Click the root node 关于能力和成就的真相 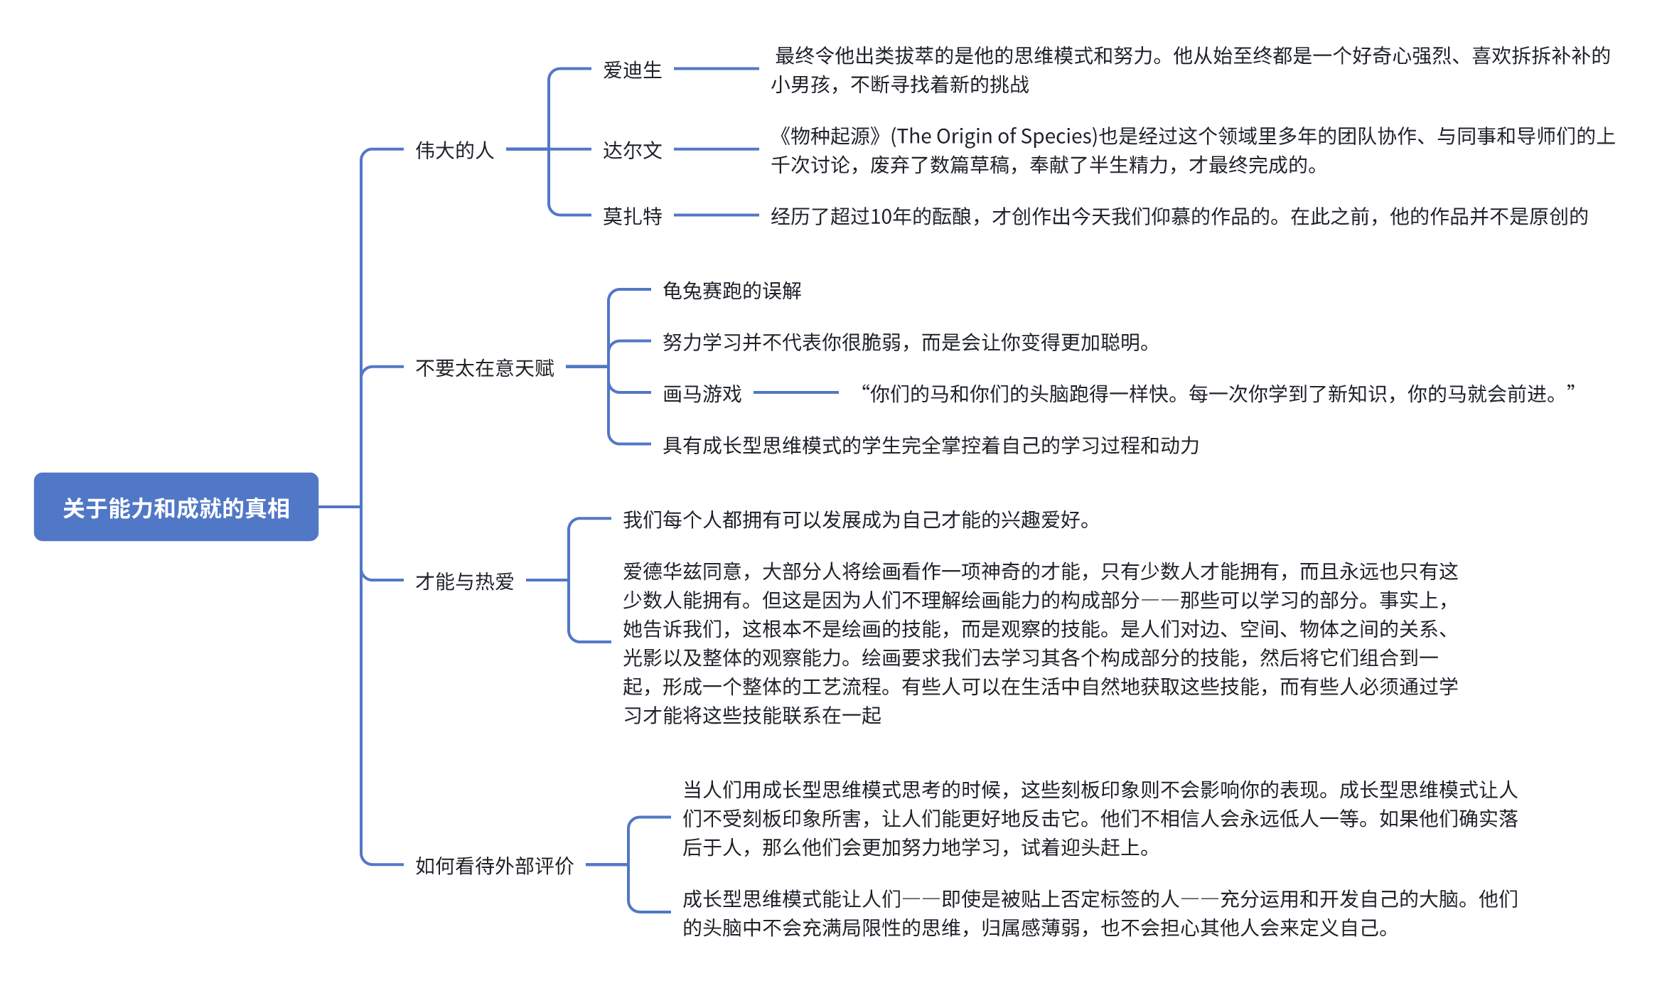pos(176,508)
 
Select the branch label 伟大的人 pos(454,150)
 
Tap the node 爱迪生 pos(632,70)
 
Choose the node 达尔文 pos(632,150)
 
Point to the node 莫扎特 pos(632,216)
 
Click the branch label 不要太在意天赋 pos(484,368)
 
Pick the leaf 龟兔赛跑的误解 pos(731,291)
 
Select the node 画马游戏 pos(702,394)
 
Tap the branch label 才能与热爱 pos(464,581)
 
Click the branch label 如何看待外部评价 pos(494,866)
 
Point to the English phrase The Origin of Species pos(994,136)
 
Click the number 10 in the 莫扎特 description pos(880,217)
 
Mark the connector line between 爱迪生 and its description pos(716,69)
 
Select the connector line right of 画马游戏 pos(795,392)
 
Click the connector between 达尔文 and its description pos(716,149)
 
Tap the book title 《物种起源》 pos(830,136)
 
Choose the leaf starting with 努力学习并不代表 pos(906,343)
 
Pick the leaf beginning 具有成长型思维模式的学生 pos(931,446)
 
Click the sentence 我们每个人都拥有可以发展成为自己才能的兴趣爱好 pos(857,520)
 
